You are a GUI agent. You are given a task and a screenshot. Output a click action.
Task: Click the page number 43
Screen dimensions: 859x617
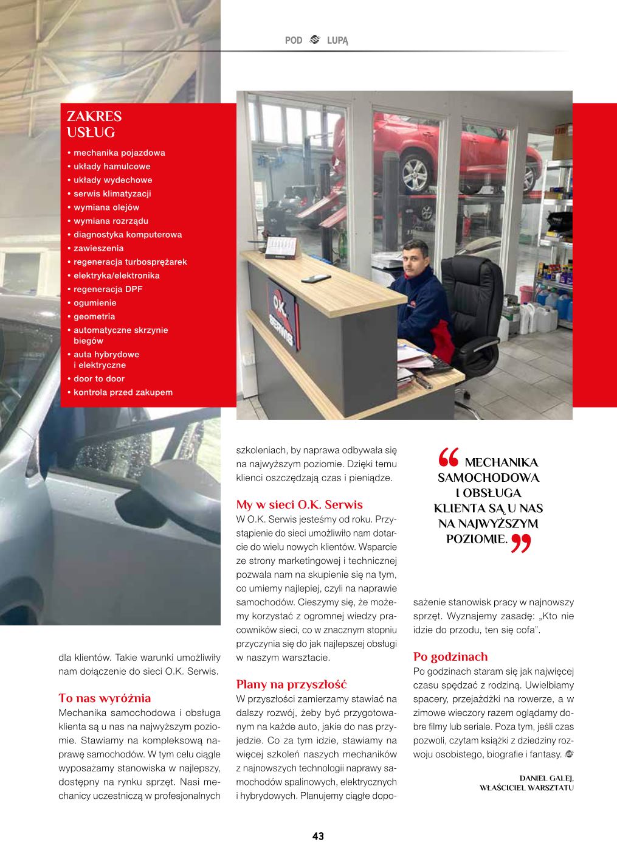[x=318, y=836]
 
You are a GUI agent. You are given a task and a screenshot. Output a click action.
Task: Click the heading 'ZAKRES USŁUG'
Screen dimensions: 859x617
[x=94, y=124]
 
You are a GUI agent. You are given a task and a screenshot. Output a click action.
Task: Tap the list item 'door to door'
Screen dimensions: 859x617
[x=98, y=378]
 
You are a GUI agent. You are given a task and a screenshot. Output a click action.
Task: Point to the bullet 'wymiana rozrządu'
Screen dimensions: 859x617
[x=111, y=221]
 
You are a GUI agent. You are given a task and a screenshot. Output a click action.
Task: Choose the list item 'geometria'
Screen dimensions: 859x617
[x=94, y=316]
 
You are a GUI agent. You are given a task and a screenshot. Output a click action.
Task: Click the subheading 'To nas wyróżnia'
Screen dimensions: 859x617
[x=105, y=698]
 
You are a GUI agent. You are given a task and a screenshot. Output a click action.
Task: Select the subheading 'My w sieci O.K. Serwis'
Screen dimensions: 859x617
[x=299, y=504]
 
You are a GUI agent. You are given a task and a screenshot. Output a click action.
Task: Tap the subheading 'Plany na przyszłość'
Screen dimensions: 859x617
[x=291, y=684]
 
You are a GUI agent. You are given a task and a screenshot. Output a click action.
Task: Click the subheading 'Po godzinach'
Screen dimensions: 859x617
[x=450, y=656]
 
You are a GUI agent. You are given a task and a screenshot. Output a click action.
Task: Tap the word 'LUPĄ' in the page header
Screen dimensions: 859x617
[x=337, y=40]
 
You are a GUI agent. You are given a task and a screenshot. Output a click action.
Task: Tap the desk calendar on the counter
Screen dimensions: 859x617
[x=281, y=246]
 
